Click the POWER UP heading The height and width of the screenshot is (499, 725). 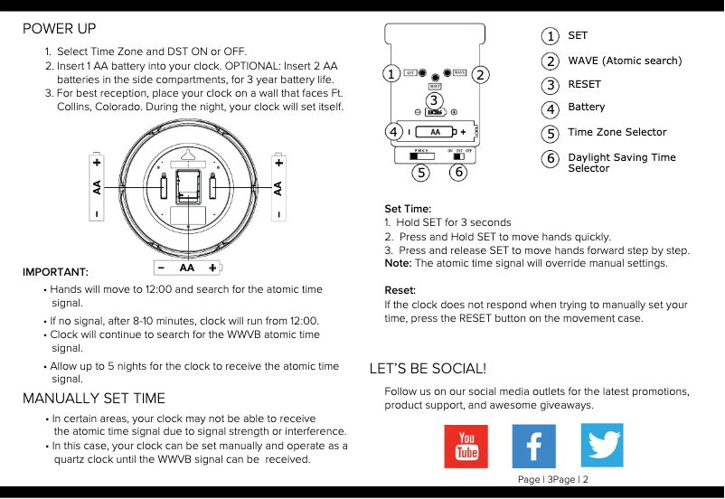tap(60, 29)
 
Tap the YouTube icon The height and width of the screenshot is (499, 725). tap(466, 446)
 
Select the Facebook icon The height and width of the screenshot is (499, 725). tap(533, 446)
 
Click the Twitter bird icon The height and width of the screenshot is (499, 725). tap(601, 446)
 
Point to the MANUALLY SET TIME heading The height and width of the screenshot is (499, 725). tap(94, 399)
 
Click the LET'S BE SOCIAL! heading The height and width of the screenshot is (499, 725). tap(428, 369)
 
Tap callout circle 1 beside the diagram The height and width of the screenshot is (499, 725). tap(391, 74)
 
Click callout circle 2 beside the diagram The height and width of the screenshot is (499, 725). tap(480, 74)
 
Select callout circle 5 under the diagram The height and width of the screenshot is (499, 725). tap(419, 171)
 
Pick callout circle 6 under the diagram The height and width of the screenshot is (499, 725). tap(458, 171)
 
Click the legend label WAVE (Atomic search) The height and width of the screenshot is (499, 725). tap(625, 61)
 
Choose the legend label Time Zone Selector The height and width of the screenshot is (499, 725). tap(617, 132)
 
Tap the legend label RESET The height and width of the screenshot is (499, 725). tap(584, 84)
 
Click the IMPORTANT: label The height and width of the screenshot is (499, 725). tap(55, 272)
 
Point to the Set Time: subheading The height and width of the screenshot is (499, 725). tap(408, 209)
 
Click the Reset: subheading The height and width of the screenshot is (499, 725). tap(400, 290)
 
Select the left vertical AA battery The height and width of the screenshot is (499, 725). tap(96, 188)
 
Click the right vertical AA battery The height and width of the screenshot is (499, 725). tap(278, 188)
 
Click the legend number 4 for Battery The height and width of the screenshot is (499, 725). tap(550, 108)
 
